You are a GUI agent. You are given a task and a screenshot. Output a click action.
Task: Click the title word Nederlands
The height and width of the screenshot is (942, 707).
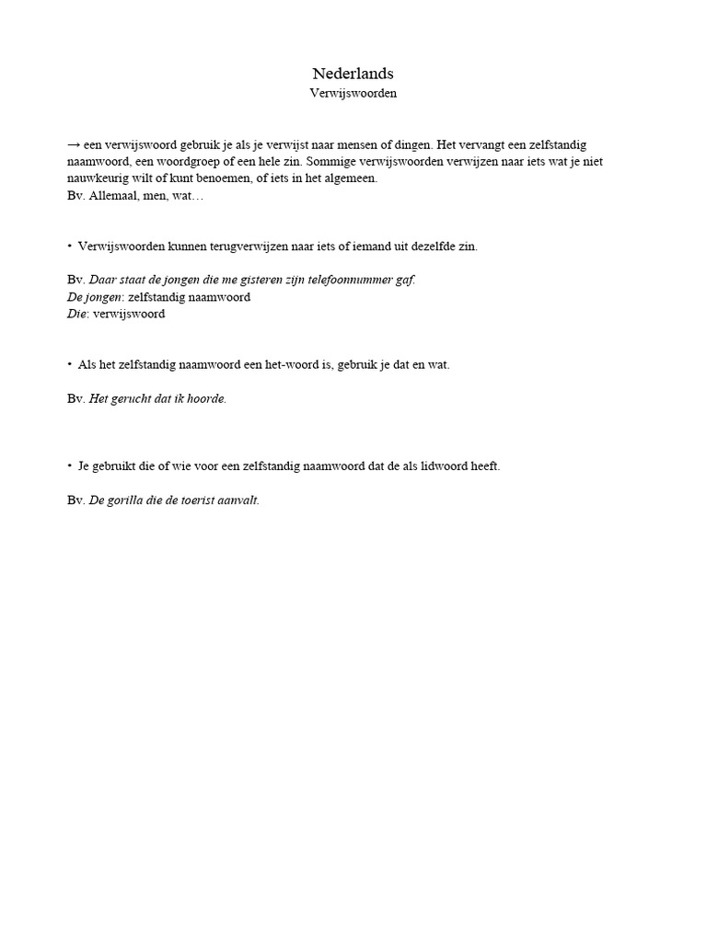[x=353, y=74]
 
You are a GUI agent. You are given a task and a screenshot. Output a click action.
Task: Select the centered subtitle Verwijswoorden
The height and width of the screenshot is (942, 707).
[x=353, y=94]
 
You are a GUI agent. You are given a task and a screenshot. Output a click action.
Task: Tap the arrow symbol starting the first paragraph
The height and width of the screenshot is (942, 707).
[x=74, y=145]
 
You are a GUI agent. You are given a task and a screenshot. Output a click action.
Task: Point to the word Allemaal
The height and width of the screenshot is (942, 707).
[x=114, y=195]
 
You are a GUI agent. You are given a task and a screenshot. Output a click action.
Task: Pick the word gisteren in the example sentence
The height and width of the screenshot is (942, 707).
[x=252, y=280]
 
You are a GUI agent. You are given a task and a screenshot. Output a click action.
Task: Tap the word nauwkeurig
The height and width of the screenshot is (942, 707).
[x=98, y=178]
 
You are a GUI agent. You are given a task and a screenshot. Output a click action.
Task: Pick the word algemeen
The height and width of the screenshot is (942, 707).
[x=350, y=178]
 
